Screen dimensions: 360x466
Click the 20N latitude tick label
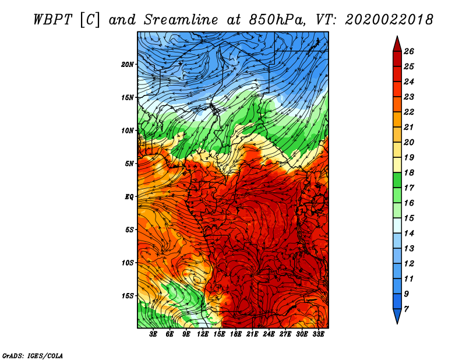pyautogui.click(x=128, y=64)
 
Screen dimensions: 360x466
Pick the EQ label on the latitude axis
pyautogui.click(x=129, y=196)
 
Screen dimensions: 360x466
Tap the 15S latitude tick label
pyautogui.click(x=128, y=296)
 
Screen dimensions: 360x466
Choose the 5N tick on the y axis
pyautogui.click(x=129, y=164)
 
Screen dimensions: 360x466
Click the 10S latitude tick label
pyautogui.click(x=128, y=263)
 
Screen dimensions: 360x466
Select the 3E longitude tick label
pyautogui.click(x=154, y=335)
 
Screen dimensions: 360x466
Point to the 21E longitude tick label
pyautogui.click(x=252, y=335)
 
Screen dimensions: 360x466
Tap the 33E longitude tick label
pyautogui.click(x=318, y=335)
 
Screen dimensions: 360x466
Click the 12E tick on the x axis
pyautogui.click(x=203, y=335)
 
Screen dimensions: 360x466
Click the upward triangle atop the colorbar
pyautogui.click(x=397, y=43)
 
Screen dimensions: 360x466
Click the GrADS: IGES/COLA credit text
pyautogui.click(x=32, y=355)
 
